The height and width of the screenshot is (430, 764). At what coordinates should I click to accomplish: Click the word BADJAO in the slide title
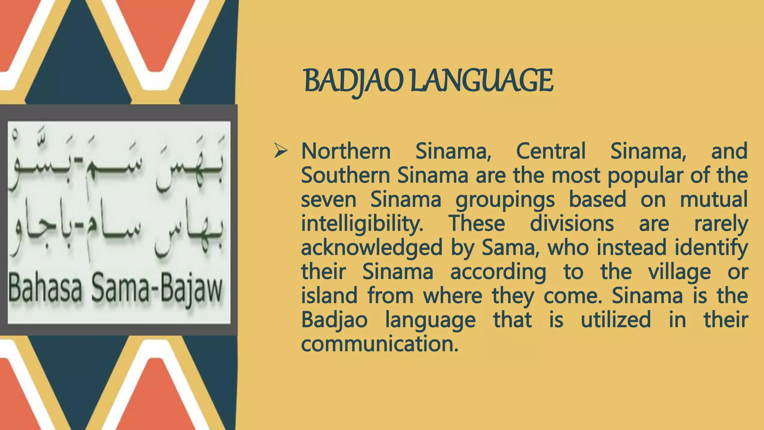[354, 81]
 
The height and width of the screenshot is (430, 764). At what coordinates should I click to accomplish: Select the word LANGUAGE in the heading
[481, 81]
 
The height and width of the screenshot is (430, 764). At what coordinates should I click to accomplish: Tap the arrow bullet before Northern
[281, 151]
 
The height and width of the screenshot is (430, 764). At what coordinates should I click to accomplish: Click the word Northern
[346, 152]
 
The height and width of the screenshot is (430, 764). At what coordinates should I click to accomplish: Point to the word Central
[551, 152]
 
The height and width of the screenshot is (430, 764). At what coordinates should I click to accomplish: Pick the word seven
[329, 200]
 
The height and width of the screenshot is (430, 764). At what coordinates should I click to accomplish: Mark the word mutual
[714, 199]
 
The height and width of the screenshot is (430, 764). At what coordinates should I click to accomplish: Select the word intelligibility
[362, 224]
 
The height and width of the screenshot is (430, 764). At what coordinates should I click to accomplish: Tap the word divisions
[572, 224]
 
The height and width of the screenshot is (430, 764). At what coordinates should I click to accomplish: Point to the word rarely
[721, 224]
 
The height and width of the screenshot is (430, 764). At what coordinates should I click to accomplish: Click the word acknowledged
[372, 248]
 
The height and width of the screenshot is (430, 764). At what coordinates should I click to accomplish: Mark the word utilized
[616, 320]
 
